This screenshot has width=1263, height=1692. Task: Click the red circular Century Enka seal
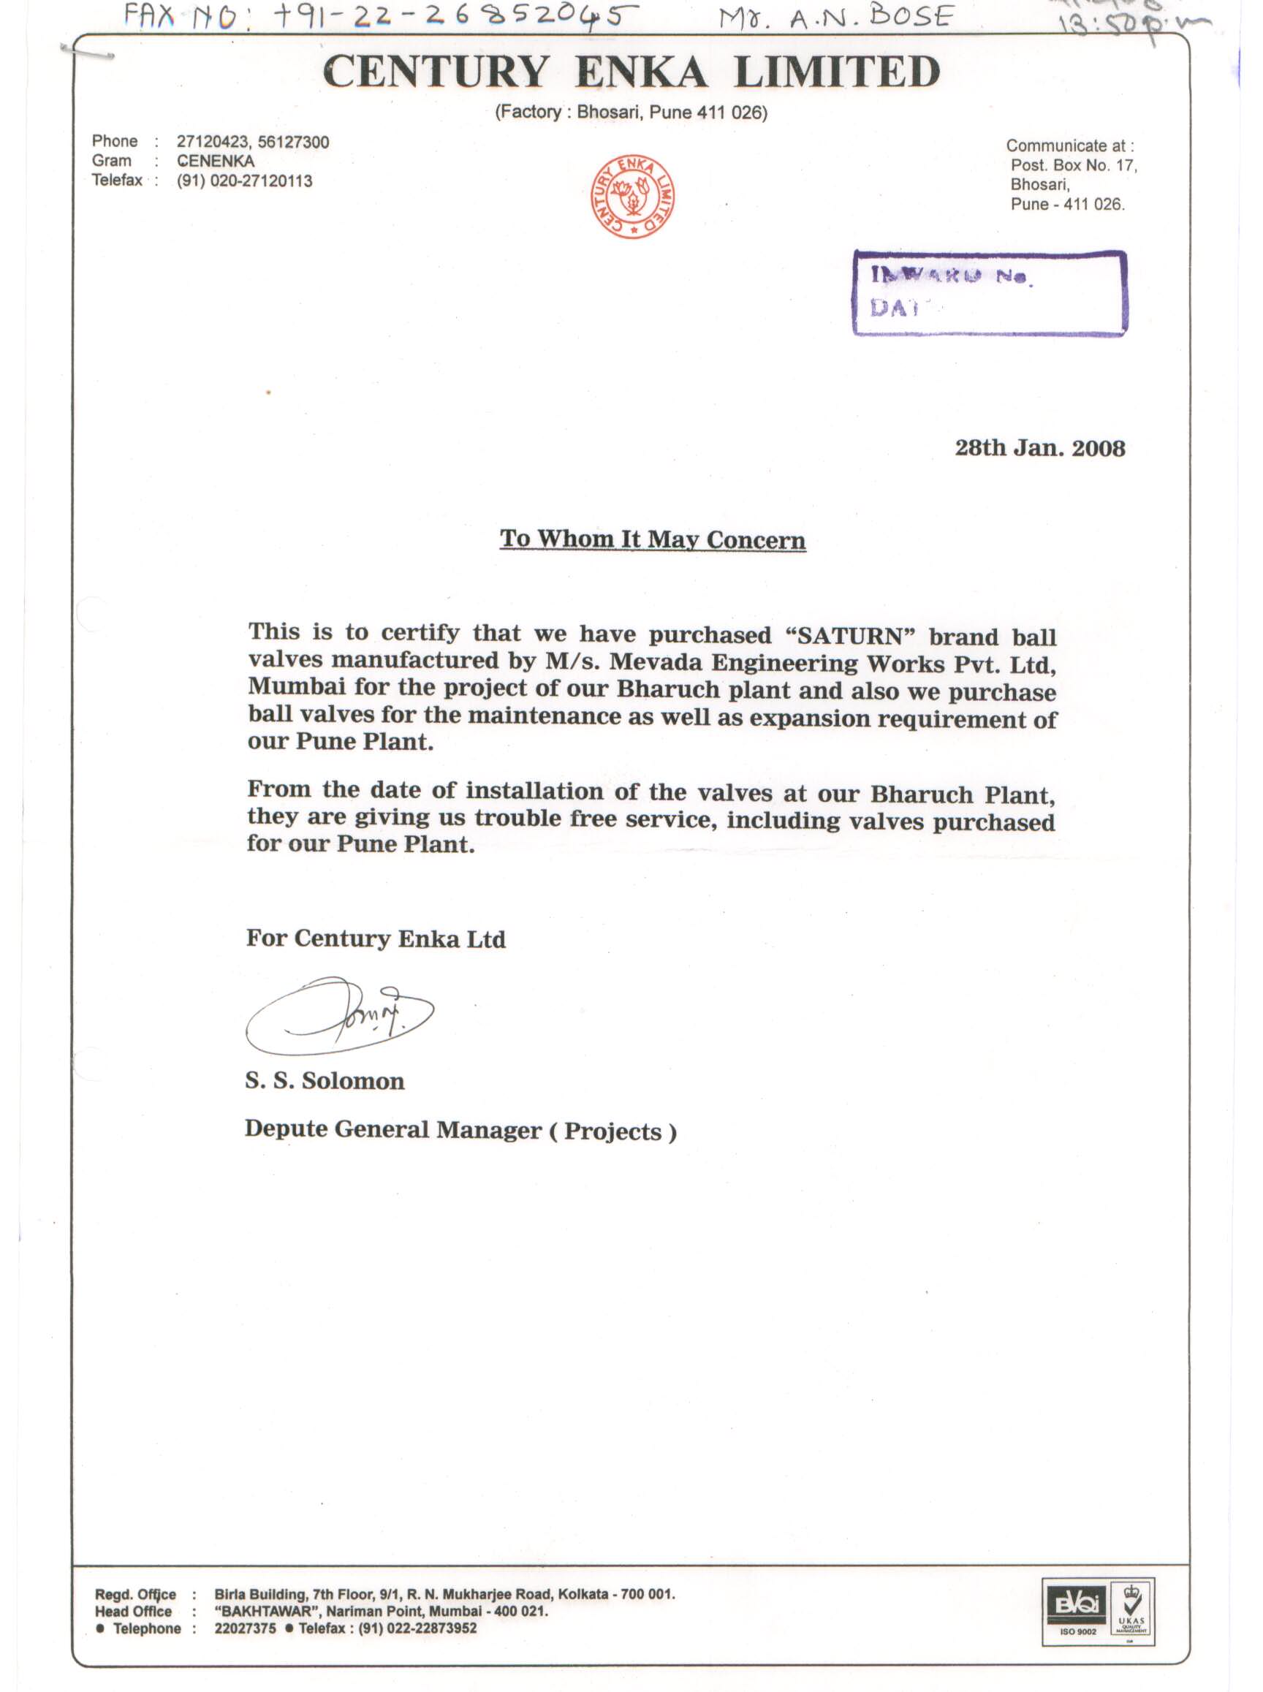632,197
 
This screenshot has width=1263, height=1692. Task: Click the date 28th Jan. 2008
1039,448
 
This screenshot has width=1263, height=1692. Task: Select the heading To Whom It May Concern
652,539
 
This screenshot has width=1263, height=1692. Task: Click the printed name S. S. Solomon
325,1080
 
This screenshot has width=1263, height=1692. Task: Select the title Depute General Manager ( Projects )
460,1129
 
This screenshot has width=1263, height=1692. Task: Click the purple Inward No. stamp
990,294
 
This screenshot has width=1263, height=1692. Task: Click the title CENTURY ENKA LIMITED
631,72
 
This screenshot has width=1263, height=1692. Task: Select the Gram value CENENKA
216,162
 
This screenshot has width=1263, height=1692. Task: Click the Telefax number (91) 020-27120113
244,181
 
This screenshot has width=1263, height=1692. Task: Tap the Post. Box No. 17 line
1073,165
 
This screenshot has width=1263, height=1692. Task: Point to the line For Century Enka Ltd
376,938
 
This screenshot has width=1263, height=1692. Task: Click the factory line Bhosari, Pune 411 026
631,113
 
